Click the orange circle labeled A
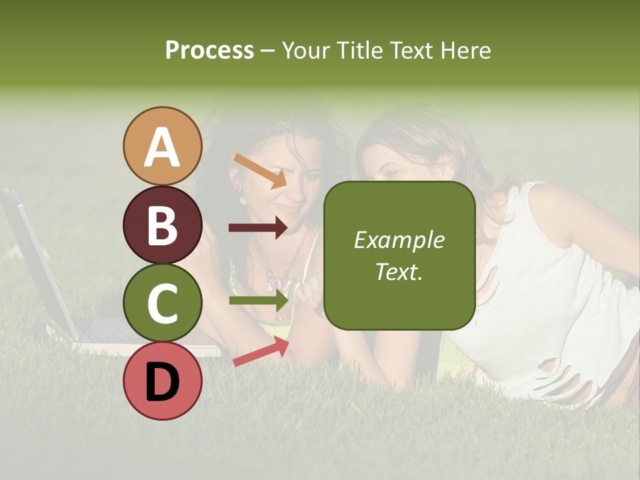[x=163, y=146]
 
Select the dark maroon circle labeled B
[x=163, y=225]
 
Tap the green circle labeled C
[x=163, y=303]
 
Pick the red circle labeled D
[x=163, y=381]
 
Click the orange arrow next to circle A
[x=260, y=171]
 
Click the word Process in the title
[x=209, y=50]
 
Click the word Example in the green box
[x=399, y=240]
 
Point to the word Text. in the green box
[x=399, y=271]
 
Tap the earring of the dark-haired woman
[x=243, y=199]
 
